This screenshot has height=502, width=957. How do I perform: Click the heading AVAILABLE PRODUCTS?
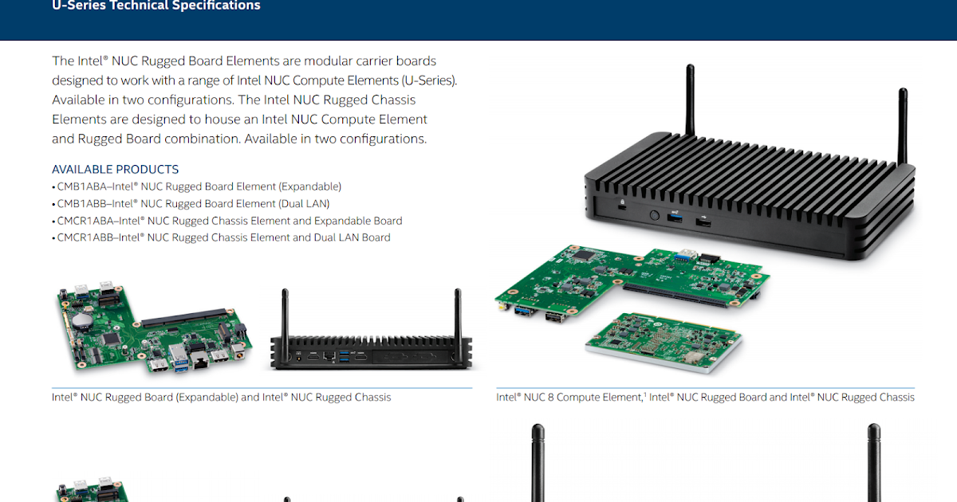(x=115, y=169)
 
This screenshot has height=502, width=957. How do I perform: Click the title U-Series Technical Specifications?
(x=156, y=6)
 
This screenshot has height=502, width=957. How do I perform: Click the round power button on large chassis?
(x=654, y=215)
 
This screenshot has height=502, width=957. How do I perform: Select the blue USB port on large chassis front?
(x=675, y=218)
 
